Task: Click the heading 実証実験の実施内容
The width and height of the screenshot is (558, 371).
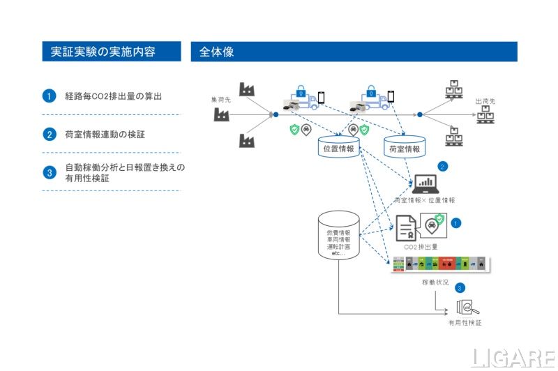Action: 103,52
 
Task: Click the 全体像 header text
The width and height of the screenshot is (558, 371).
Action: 216,52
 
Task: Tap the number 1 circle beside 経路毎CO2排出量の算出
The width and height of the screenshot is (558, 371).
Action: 49,96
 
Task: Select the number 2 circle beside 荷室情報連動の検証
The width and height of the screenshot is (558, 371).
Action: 49,134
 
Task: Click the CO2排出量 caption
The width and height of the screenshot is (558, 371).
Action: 421,246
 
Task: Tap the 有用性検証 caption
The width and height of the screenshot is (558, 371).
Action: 465,323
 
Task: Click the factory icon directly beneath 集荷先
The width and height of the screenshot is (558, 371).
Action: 223,115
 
